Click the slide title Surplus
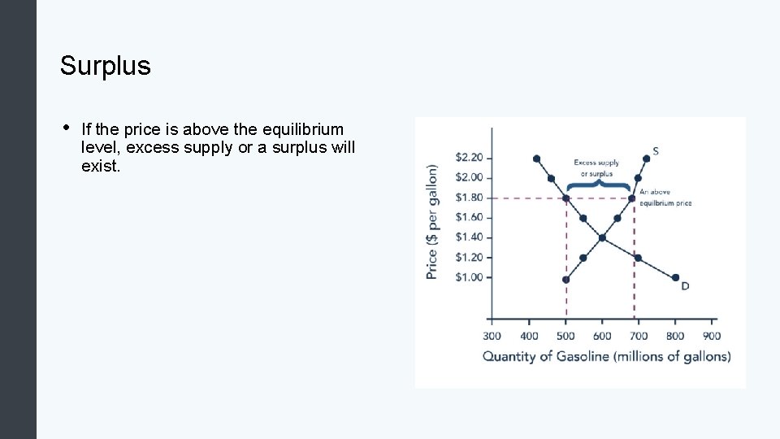105,66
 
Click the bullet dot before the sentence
64,128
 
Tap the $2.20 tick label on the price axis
469,157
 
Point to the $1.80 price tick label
469,198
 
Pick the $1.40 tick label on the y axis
469,237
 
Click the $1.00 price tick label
469,277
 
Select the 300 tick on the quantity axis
492,336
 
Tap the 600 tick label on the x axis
602,336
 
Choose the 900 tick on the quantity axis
712,336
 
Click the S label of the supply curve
656,150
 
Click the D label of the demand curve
685,286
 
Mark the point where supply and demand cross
602,237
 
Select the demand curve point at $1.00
675,277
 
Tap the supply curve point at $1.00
565,280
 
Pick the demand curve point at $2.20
536,159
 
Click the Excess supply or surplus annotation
596,167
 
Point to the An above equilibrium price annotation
665,198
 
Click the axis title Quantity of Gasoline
606,356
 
